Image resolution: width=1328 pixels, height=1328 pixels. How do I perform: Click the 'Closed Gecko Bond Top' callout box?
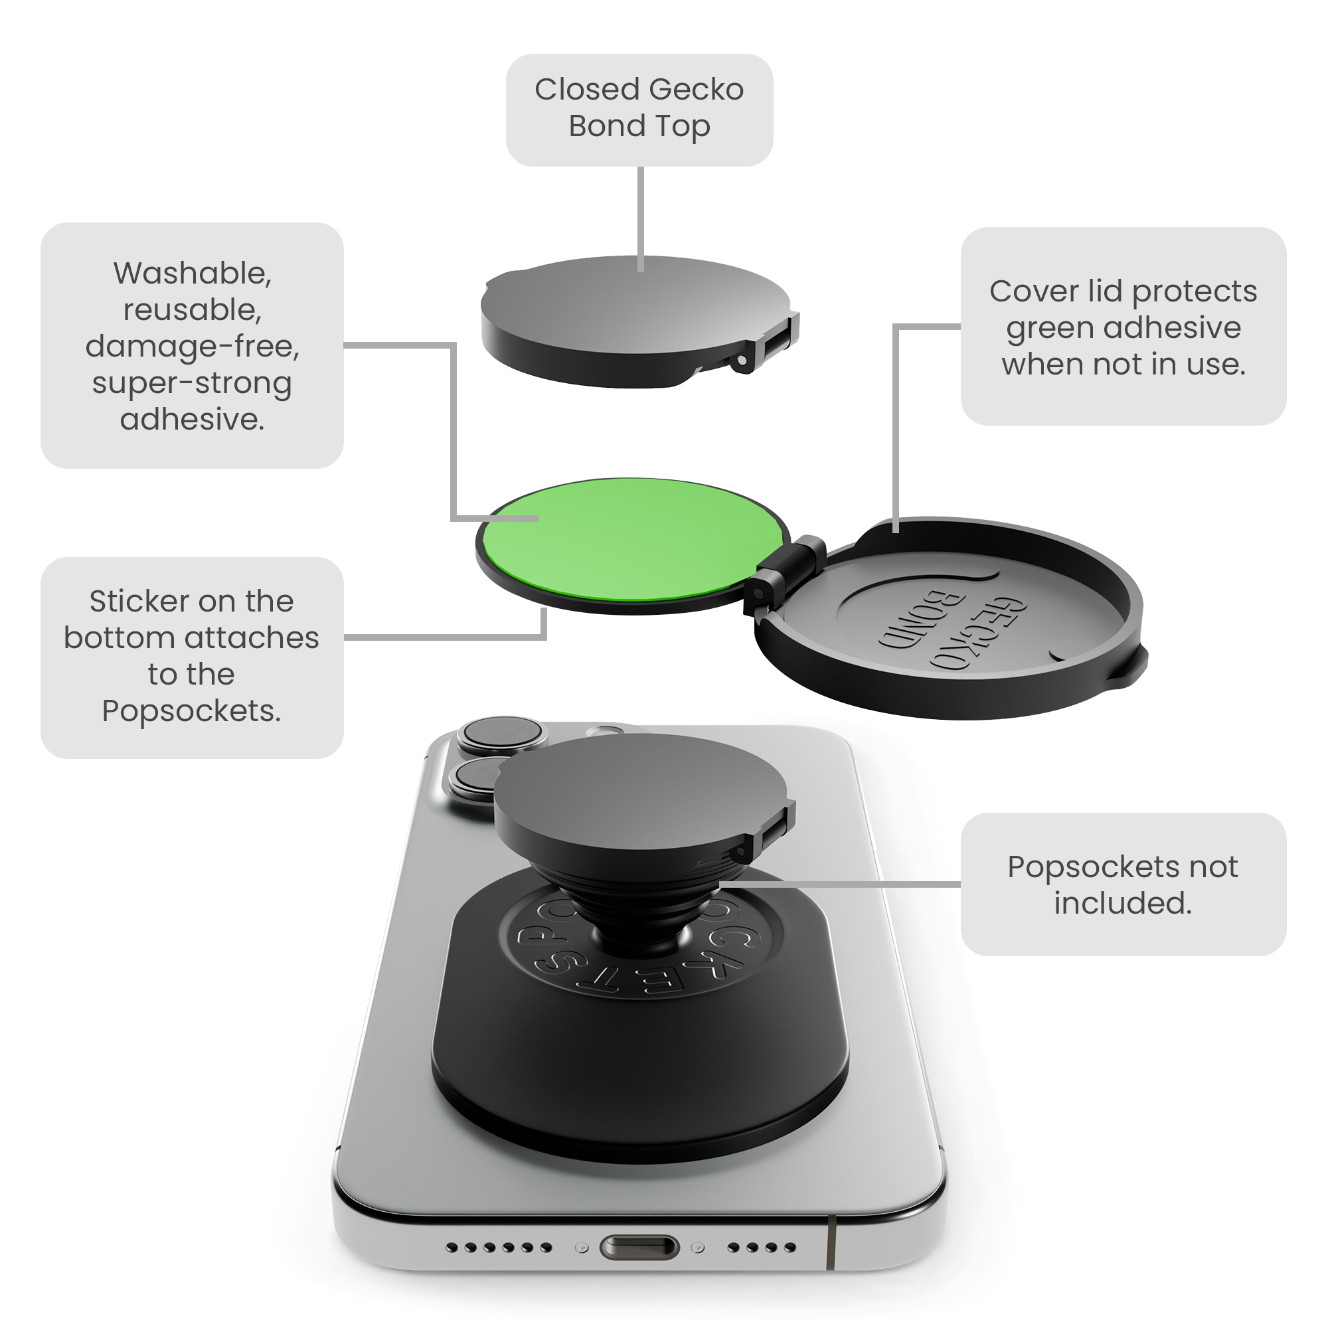coord(639,110)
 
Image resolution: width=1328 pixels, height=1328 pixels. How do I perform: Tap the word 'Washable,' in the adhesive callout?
coord(193,274)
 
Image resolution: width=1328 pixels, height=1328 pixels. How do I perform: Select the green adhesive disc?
coord(632,540)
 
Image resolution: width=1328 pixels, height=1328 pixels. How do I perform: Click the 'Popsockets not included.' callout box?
coord(1123,884)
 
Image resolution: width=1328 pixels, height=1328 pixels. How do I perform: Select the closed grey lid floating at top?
coord(639,321)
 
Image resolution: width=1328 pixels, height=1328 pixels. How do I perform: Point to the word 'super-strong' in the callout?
coord(192,384)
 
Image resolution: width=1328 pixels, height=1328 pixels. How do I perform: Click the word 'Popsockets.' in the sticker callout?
coord(192,711)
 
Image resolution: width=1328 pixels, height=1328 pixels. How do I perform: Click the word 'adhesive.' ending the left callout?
coord(192,419)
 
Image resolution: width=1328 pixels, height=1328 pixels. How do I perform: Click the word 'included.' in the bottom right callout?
coord(1123,903)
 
